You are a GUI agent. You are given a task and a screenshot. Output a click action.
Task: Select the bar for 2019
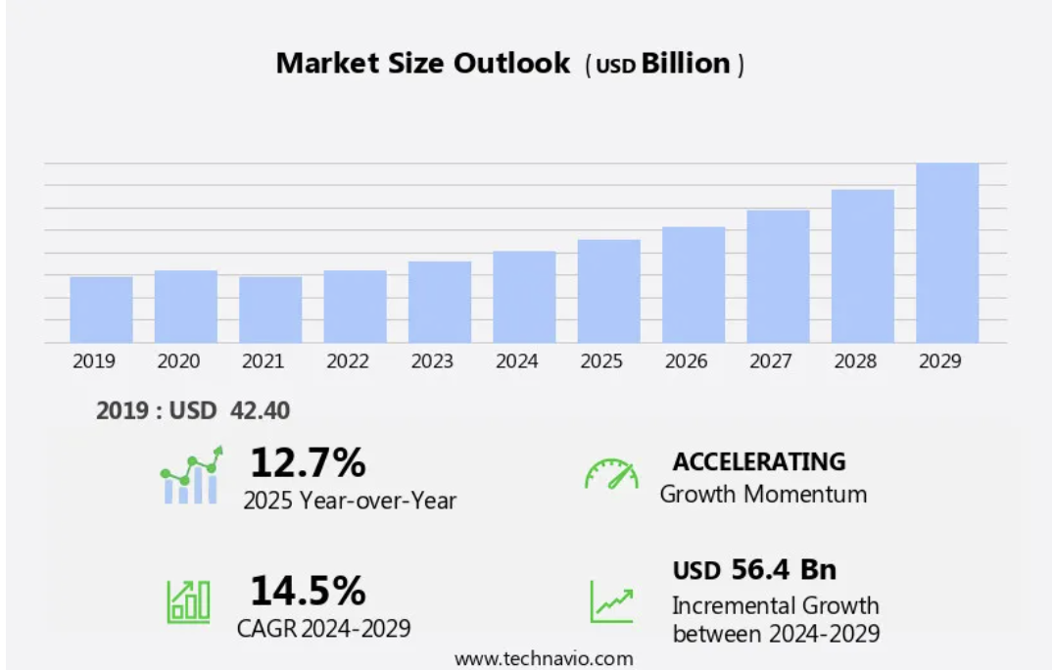(x=101, y=310)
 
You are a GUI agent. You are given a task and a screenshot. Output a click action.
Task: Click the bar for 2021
(x=270, y=310)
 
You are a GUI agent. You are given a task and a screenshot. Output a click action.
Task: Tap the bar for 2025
(x=608, y=291)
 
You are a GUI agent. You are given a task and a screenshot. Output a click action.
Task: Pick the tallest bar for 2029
(x=947, y=253)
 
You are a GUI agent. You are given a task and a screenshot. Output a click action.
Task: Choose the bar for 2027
(x=778, y=276)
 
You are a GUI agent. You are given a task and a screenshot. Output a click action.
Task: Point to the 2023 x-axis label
(x=432, y=361)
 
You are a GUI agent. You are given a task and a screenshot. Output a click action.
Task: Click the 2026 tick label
(x=686, y=361)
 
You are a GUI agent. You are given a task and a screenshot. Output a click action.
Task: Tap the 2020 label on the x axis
(x=178, y=361)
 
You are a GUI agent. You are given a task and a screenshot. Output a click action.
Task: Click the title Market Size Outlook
(x=422, y=64)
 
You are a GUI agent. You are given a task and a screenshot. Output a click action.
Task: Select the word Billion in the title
(x=686, y=64)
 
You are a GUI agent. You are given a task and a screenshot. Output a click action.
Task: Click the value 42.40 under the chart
(x=260, y=410)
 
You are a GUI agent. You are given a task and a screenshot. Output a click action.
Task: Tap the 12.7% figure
(x=308, y=460)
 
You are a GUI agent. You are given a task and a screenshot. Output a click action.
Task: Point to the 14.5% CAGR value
(x=308, y=591)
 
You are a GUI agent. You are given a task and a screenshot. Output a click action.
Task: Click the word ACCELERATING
(x=759, y=461)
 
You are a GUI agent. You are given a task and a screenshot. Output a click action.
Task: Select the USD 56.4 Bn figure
(x=754, y=569)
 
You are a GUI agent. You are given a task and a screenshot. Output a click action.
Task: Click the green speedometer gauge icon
(x=611, y=474)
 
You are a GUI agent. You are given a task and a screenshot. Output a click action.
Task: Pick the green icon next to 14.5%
(x=188, y=600)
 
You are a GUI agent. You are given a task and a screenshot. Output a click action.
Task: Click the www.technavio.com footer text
(x=544, y=658)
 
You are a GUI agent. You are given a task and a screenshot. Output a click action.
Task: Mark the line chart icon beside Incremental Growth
(x=611, y=600)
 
